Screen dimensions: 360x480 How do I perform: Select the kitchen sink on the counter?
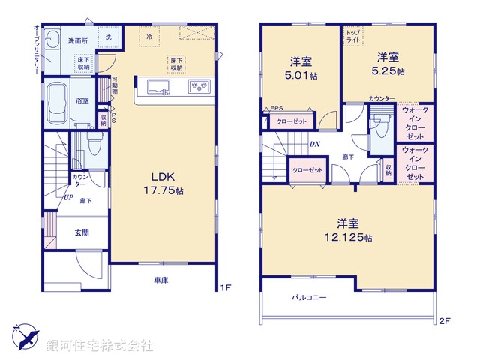(x=160, y=85)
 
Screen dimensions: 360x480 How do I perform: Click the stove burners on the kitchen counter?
(x=199, y=85)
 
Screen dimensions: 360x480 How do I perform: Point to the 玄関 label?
(x=82, y=233)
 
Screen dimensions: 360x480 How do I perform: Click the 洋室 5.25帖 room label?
(x=389, y=63)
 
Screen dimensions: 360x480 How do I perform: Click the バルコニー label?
(x=309, y=298)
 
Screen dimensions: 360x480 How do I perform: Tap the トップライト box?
(x=352, y=35)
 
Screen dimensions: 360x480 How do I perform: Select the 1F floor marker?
(x=223, y=286)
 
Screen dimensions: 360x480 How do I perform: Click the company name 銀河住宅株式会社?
(x=99, y=345)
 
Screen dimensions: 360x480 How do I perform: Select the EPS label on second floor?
(x=276, y=108)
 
